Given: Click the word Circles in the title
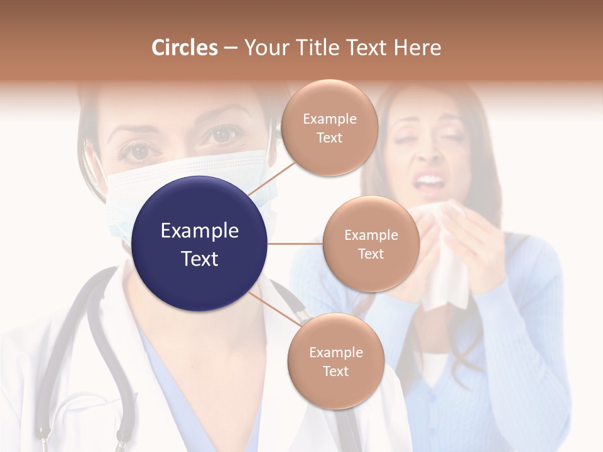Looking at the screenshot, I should [184, 48].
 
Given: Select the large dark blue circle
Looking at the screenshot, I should [200, 244].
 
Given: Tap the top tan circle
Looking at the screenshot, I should [329, 127].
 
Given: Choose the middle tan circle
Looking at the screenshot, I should [371, 244].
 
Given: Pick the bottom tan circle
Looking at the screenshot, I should [335, 362].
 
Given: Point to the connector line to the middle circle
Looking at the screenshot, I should [295, 244].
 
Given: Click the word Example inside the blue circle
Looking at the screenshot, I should [200, 230].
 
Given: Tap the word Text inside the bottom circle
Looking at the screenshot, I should [335, 371].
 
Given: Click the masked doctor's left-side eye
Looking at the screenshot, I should [139, 150].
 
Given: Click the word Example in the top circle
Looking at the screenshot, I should [329, 119].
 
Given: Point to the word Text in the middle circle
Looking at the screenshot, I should [371, 254].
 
